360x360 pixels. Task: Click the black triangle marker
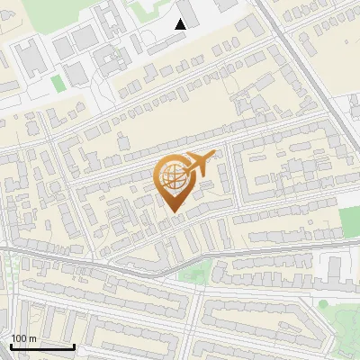click(180, 24)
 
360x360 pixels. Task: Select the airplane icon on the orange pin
click(199, 164)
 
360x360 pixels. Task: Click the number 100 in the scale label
click(20, 338)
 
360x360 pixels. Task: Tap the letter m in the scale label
click(32, 338)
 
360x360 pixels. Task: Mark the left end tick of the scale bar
click(11, 346)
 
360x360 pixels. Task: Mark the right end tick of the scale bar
click(74, 346)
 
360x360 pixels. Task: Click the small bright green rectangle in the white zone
click(58, 84)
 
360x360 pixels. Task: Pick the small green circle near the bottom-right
click(324, 304)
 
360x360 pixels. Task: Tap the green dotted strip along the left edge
click(12, 270)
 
